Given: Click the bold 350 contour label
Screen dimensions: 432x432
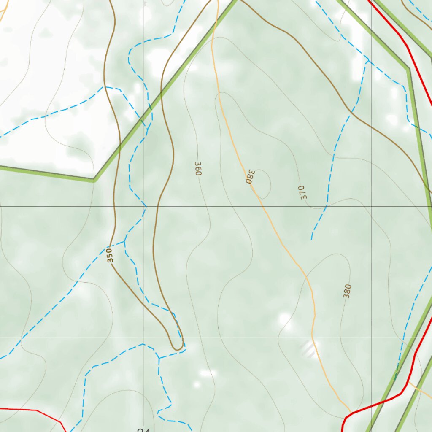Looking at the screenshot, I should (110, 256).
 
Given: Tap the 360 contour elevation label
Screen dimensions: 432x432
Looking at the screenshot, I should (199, 168).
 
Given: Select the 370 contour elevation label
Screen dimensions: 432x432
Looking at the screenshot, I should (302, 192).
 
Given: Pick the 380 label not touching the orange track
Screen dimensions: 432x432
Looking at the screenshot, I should (347, 291).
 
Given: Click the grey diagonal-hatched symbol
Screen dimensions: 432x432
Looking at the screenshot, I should (308, 349).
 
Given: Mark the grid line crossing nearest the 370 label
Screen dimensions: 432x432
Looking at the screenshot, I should (371, 207).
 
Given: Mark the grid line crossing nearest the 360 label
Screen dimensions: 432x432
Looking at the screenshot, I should (144, 207).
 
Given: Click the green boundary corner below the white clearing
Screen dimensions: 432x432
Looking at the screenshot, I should (94, 180).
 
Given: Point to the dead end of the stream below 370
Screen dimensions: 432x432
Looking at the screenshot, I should (312, 239).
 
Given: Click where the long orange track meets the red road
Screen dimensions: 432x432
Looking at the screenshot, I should (351, 412).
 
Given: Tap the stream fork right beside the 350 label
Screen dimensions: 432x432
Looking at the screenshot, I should (124, 242).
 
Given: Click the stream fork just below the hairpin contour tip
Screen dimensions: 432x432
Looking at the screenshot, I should (159, 358).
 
